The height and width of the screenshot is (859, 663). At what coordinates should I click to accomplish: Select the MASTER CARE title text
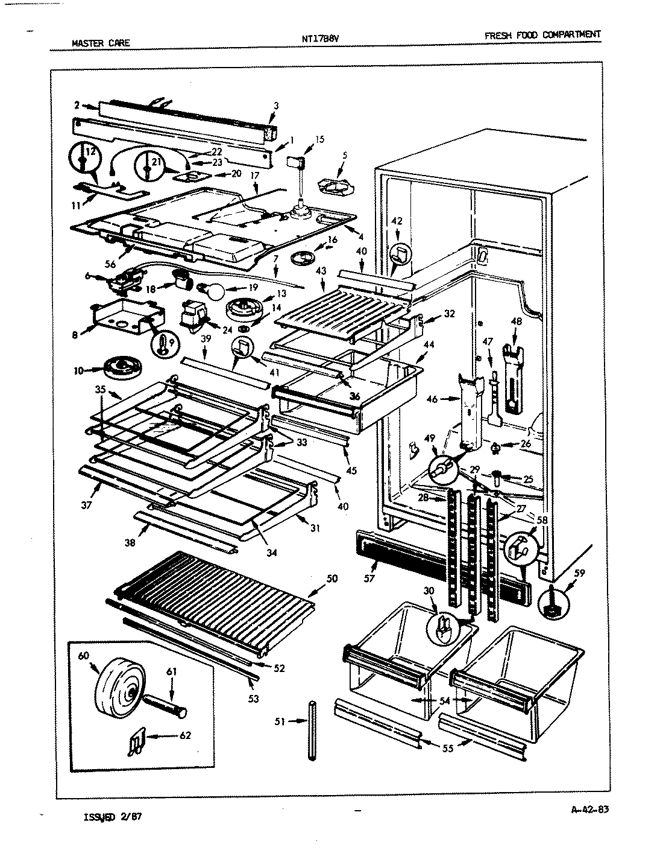click(x=101, y=43)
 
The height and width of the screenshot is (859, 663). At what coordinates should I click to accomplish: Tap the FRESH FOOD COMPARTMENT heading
click(x=542, y=35)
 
